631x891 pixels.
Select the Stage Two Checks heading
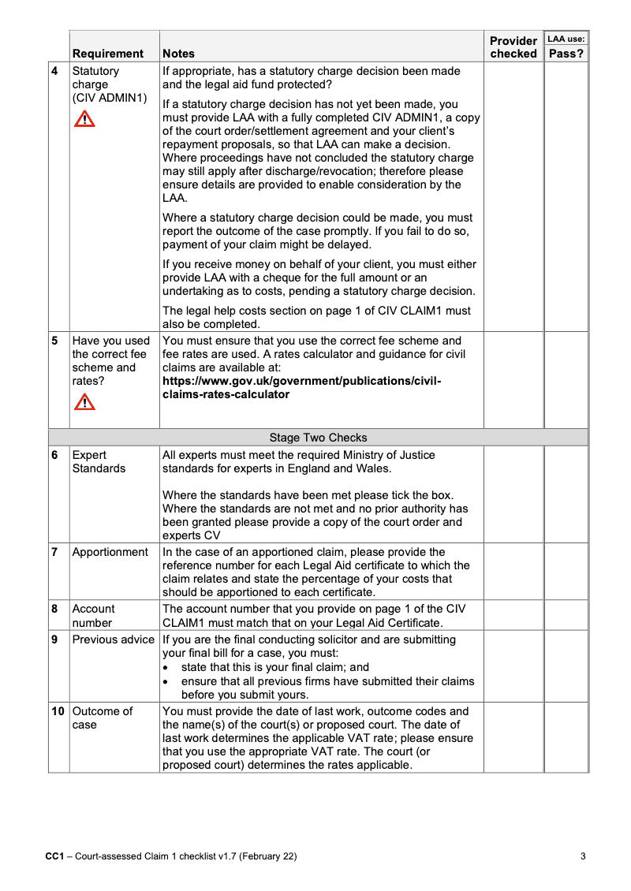(x=318, y=438)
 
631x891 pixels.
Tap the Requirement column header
(x=108, y=54)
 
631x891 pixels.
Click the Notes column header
(x=178, y=54)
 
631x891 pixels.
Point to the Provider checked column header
(x=513, y=47)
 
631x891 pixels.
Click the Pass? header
(x=566, y=54)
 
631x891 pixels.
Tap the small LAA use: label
(x=566, y=38)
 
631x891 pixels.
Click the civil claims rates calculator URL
(x=301, y=388)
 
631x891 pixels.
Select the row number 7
(x=54, y=552)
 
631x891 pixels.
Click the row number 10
(x=58, y=711)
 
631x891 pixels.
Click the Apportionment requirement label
(x=110, y=552)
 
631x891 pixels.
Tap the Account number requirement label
(x=93, y=616)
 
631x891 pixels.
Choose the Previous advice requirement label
(x=113, y=639)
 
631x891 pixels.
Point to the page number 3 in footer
(x=582, y=856)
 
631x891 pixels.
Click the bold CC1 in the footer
(x=54, y=856)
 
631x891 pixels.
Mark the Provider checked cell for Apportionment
(x=513, y=572)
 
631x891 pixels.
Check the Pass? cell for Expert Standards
(x=566, y=494)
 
